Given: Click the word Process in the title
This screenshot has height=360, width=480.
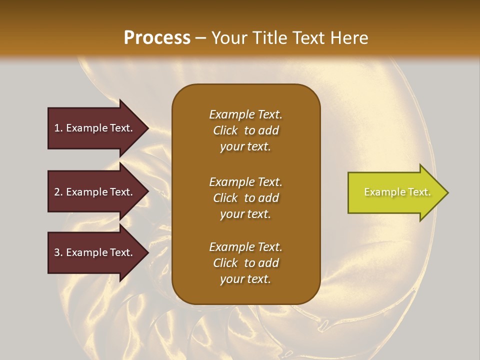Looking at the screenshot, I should [157, 38].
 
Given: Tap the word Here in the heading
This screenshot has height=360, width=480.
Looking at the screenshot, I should [348, 38].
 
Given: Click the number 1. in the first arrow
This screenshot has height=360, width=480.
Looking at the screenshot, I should [58, 128].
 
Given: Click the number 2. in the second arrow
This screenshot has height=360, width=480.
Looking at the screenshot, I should [58, 192].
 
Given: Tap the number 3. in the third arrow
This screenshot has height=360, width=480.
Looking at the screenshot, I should [58, 252].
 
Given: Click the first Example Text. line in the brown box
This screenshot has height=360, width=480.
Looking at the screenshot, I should [245, 114].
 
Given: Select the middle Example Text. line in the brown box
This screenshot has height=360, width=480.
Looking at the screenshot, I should [245, 181].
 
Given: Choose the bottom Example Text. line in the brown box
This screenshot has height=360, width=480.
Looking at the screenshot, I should [245, 247].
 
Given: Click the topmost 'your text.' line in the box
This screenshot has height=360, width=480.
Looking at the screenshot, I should [245, 147].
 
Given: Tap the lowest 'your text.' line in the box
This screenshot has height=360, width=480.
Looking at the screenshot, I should [245, 279].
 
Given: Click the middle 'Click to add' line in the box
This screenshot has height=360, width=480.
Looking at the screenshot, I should [245, 198].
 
